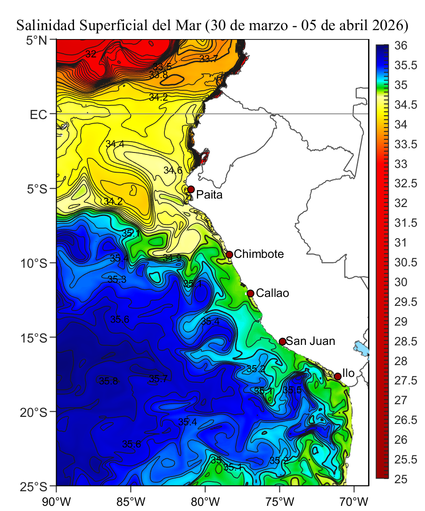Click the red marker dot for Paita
[x=191, y=189]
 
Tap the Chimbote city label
[x=259, y=255]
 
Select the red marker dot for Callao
[x=251, y=293]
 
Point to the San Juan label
[x=310, y=341]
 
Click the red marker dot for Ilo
[x=338, y=376]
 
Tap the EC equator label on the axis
[x=40, y=114]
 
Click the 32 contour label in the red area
[x=91, y=54]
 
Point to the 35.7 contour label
[x=158, y=378]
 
